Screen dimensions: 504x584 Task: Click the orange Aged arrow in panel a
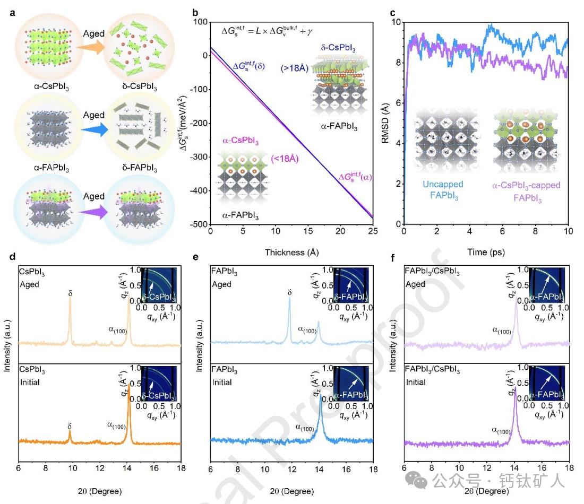point(93,47)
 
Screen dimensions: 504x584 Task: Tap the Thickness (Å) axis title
point(291,253)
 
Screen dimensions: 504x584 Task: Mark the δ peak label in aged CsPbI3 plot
point(70,292)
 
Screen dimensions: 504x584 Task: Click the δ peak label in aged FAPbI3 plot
point(289,292)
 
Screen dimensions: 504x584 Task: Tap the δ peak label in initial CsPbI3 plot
point(70,426)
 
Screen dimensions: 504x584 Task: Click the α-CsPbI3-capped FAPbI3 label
point(525,189)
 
